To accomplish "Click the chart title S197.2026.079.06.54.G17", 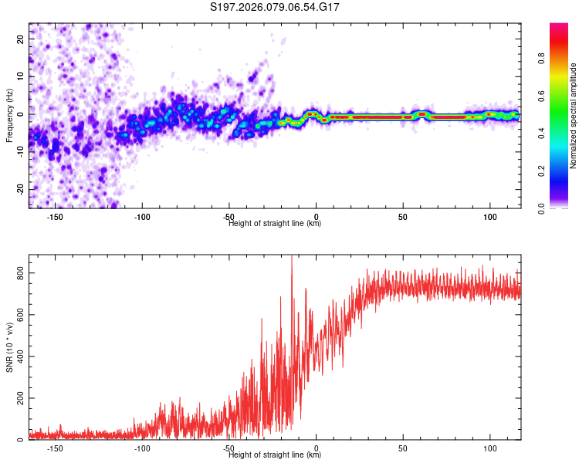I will [x=276, y=7].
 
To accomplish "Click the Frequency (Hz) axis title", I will [x=9, y=116].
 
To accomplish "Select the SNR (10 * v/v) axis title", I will [x=9, y=347].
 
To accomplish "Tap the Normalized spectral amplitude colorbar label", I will [x=574, y=116].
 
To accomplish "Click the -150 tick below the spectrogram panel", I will [x=55, y=217].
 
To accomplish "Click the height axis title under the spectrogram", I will [x=276, y=224].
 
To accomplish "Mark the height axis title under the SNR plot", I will [x=276, y=455].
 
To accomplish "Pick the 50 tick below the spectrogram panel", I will [x=403, y=217].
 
